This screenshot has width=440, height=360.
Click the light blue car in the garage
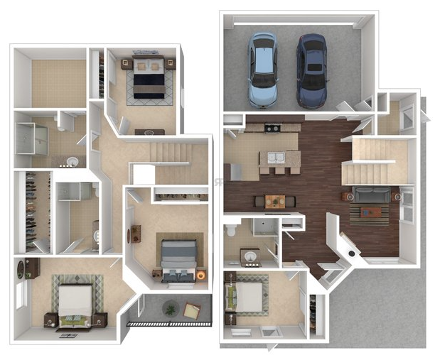262,70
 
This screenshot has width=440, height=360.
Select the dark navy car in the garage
311,70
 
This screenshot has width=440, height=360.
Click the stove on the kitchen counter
272,129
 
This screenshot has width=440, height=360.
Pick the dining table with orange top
275,202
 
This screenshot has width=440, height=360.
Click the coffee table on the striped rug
370,211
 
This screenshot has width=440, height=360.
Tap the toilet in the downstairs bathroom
230,231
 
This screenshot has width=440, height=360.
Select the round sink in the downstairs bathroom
251,253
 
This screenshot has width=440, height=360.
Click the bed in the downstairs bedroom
248,296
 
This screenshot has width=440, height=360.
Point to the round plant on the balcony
170,308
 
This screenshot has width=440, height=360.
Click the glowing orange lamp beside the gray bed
201,275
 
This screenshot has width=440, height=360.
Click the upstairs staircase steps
168,151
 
